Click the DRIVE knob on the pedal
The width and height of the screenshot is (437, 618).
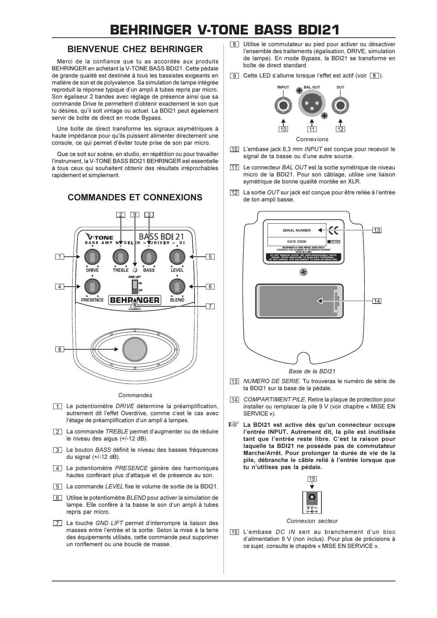[x=92, y=257]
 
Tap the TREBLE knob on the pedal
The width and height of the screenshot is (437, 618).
[x=121, y=257]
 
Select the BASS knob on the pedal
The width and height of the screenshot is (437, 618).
[x=149, y=257]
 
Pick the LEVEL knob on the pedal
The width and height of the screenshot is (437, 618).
[x=177, y=257]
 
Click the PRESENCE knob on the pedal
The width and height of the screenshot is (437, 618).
[x=92, y=287]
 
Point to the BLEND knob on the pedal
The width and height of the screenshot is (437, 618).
[x=177, y=287]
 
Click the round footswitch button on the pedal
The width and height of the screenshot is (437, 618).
[x=135, y=349]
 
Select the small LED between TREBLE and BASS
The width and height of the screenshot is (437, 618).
[x=135, y=270]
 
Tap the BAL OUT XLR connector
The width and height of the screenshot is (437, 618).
[x=312, y=105]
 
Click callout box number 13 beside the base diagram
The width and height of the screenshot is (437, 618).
[x=377, y=230]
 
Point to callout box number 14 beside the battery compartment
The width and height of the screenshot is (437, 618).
[x=377, y=301]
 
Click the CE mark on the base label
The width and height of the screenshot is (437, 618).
[x=333, y=230]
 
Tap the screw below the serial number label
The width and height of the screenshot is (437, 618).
[x=303, y=272]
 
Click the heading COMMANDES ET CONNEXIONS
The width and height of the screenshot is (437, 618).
[x=135, y=197]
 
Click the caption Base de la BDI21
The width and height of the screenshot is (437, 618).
[x=312, y=371]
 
